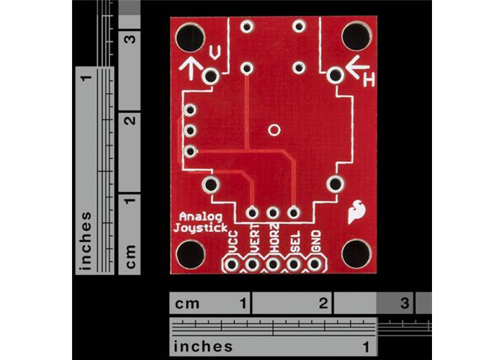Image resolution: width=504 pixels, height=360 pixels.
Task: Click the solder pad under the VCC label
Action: coord(233,265)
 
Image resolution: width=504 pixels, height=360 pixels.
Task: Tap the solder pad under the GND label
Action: coord(315,265)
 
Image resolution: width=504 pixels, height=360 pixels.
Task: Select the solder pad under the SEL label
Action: coord(294,265)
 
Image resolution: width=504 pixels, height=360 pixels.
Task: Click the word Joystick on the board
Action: coord(201,228)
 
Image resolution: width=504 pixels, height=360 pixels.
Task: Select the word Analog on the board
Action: coord(201,216)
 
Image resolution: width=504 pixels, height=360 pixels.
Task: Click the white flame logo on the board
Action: coord(355,212)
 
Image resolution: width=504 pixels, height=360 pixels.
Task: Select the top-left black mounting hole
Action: coord(191,36)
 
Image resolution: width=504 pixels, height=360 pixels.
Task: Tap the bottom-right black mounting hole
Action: coord(356,253)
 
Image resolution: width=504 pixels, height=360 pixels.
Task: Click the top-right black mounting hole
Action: coord(356,36)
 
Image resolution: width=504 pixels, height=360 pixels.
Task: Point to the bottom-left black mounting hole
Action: coord(191,254)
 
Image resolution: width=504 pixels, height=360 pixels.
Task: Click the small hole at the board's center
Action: coord(274,130)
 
